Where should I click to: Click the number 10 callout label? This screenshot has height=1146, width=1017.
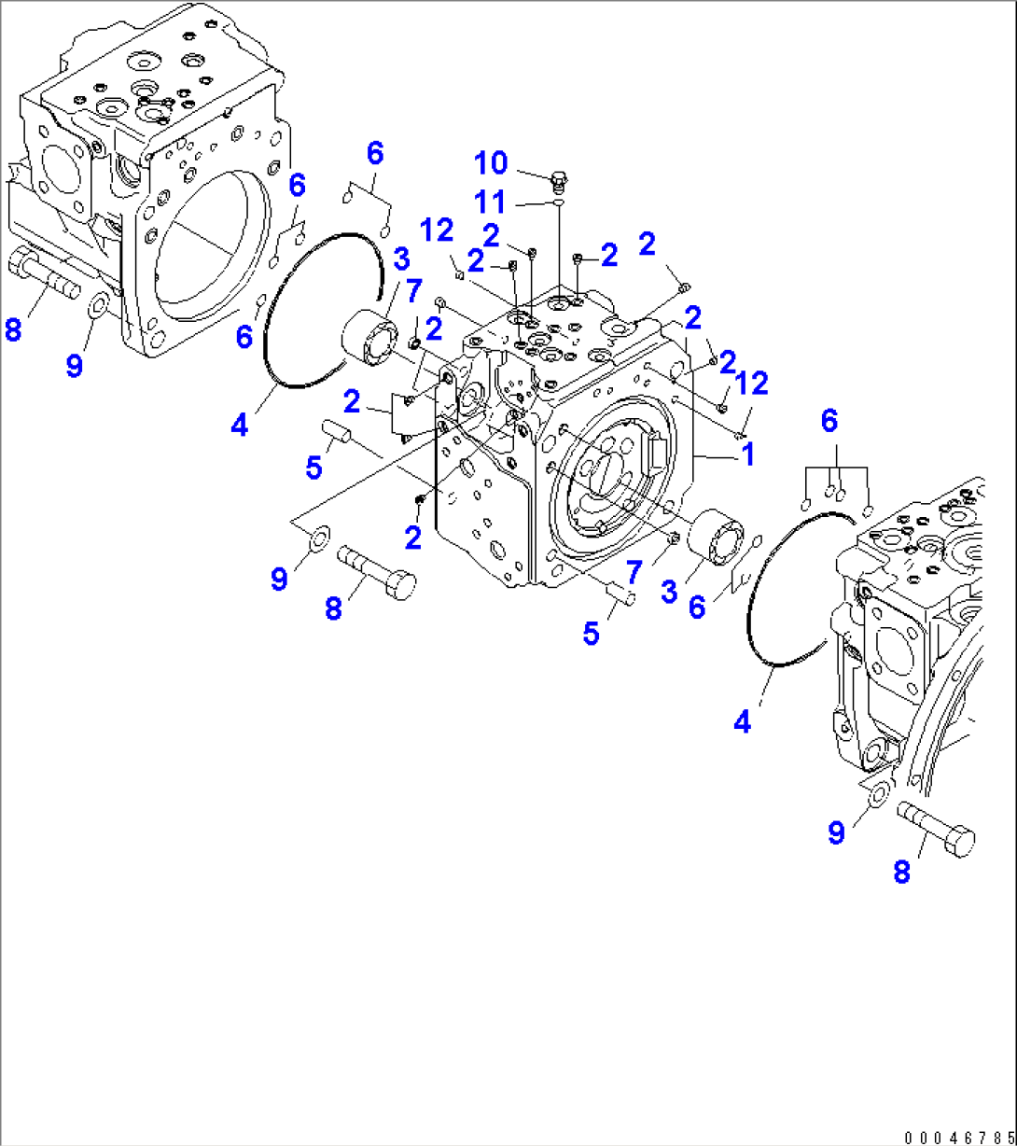[491, 163]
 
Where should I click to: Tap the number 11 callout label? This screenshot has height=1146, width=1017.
[491, 202]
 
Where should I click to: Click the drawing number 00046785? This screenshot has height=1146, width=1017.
[958, 1137]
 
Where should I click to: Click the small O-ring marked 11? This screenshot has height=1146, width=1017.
[558, 200]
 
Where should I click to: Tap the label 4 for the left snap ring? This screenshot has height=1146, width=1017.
[240, 426]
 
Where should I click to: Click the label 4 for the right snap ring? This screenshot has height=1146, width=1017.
[742, 721]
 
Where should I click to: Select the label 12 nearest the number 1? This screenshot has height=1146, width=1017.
[751, 383]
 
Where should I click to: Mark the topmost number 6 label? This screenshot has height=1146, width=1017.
[374, 153]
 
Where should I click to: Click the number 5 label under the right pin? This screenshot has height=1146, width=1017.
[591, 634]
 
